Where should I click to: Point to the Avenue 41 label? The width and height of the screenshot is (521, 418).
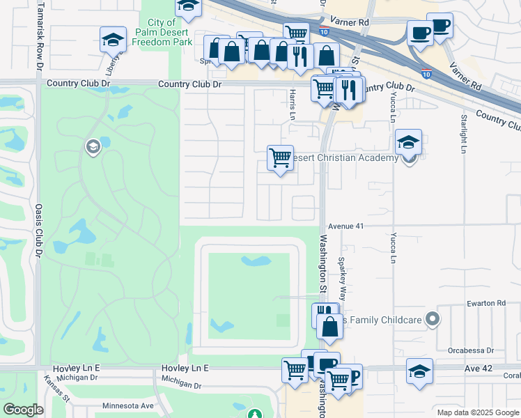point(346,226)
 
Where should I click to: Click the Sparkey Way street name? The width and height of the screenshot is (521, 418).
point(342,276)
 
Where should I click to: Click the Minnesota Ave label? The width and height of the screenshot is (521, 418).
point(127,405)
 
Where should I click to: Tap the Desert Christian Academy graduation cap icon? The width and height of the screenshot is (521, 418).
point(408,143)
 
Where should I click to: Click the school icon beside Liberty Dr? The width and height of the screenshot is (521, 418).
point(113,40)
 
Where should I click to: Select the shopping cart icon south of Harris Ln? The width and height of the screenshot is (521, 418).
point(280,158)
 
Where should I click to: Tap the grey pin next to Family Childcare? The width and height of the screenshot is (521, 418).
point(433,319)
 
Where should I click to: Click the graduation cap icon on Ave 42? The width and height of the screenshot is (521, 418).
point(419,371)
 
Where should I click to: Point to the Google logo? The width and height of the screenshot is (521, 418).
point(23,410)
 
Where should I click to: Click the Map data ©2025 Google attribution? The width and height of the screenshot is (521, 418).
point(478,412)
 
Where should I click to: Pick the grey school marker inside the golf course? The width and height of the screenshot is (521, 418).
point(92,146)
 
